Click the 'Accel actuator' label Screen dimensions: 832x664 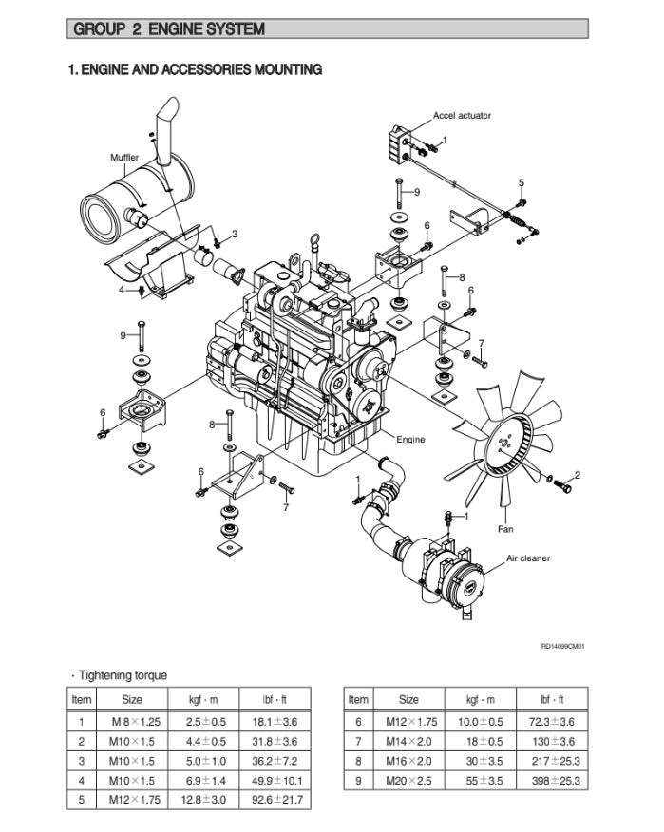coord(462,116)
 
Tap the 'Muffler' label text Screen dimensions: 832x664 coord(124,158)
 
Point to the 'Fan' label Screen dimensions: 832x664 coord(505,529)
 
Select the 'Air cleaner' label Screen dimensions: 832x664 coord(527,558)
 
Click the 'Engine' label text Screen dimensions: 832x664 coord(410,439)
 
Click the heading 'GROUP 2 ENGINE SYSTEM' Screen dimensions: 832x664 coord(169,29)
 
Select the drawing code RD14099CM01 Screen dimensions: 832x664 coord(562,647)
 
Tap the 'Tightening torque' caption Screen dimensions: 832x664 coord(122,675)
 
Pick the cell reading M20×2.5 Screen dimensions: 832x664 coord(408,781)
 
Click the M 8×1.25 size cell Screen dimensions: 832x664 coord(132,721)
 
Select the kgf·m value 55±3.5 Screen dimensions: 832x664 coord(484,781)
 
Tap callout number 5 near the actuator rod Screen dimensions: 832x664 coord(521,181)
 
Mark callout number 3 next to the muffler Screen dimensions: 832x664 coord(235,234)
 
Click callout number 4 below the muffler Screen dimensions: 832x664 coord(122,290)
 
